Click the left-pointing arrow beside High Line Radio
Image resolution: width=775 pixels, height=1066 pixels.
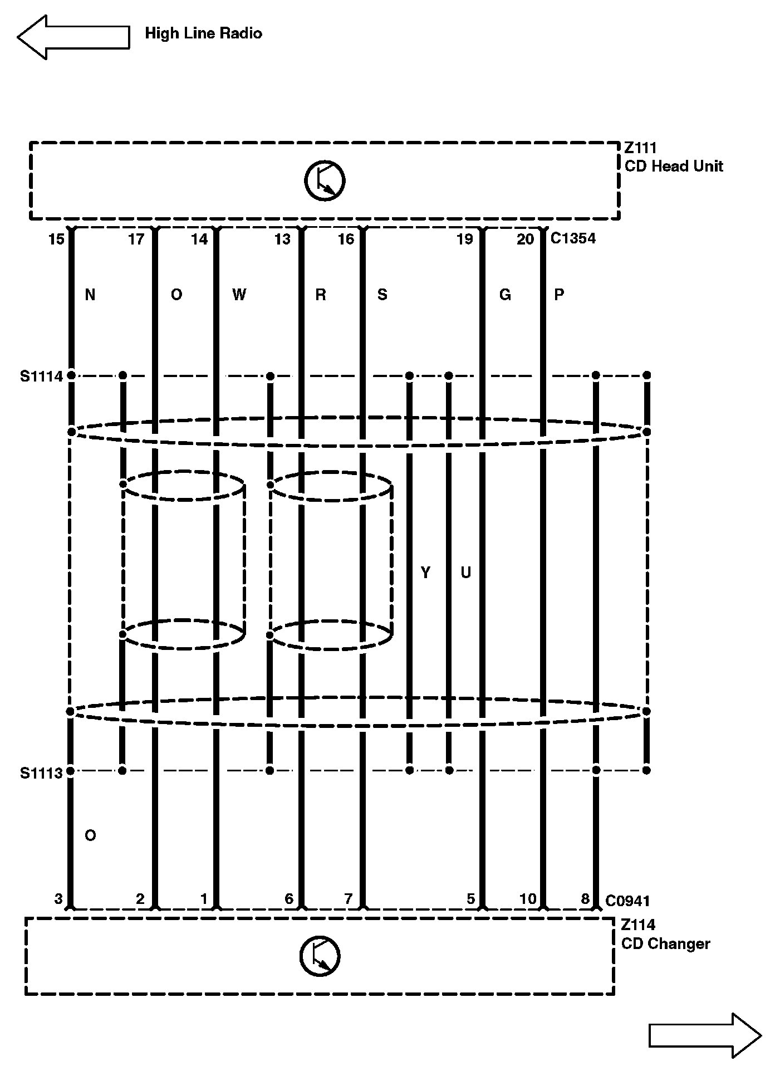pos(72,37)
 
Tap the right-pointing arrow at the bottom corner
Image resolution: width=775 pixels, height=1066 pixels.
pos(705,1035)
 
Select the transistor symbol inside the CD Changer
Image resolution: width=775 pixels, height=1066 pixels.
pos(320,956)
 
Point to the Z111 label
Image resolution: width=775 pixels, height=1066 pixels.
pos(640,148)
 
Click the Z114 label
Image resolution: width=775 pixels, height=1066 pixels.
pos(638,925)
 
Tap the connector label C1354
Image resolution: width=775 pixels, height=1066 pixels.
pos(573,238)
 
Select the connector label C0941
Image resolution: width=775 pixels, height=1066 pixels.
pos(627,901)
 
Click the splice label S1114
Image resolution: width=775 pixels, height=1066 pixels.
pos(42,376)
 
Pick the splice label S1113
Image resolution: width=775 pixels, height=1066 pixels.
pos(41,774)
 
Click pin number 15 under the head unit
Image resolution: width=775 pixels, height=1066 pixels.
pos(56,239)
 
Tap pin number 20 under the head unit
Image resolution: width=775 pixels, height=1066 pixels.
pos(525,239)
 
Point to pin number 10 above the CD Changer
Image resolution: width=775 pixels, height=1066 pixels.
pos(528,898)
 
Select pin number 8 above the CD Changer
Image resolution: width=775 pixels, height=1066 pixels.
pos(585,898)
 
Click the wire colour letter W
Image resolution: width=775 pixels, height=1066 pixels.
pos(239,295)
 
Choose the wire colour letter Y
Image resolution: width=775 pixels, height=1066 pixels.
pos(425,573)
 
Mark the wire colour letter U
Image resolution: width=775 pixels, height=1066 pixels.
pos(465,573)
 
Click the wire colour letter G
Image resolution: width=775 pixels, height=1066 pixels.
pos(505,295)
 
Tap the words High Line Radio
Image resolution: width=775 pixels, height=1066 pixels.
pos(203,33)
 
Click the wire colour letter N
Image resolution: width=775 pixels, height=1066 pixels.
pos(90,295)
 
